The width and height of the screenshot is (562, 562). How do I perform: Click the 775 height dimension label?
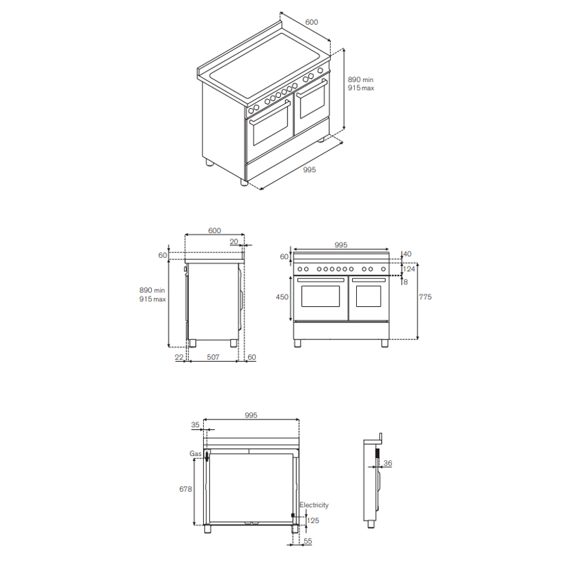click(x=425, y=296)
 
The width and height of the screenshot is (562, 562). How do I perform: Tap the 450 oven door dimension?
click(x=282, y=296)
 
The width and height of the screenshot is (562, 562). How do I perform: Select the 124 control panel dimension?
click(x=409, y=269)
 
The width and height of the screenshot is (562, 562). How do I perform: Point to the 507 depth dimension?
click(x=213, y=357)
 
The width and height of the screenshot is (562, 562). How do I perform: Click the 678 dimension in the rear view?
click(x=185, y=489)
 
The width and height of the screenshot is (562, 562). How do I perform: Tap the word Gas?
click(x=195, y=454)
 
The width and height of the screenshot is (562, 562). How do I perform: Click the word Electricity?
click(x=314, y=505)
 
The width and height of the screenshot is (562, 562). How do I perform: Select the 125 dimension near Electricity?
click(x=313, y=521)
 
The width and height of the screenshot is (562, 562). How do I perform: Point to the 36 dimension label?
click(x=388, y=463)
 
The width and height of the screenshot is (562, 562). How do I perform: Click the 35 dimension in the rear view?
click(x=195, y=425)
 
